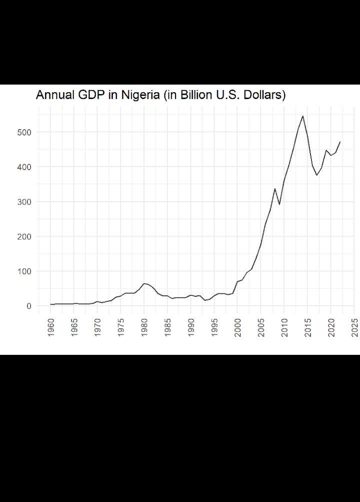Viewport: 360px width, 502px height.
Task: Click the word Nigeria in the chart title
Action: click(x=141, y=95)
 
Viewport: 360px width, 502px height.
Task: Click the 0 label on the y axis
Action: click(x=29, y=306)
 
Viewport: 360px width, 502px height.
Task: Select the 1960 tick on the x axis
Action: click(x=51, y=327)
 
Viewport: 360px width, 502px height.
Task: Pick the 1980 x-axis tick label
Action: click(x=144, y=327)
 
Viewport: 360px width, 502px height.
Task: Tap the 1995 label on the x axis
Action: click(x=214, y=327)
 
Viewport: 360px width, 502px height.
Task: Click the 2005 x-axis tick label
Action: click(x=261, y=327)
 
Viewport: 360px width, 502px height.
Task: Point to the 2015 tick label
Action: click(x=308, y=327)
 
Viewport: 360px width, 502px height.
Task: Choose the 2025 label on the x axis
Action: click(x=354, y=327)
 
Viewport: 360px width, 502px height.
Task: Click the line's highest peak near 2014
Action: click(x=303, y=116)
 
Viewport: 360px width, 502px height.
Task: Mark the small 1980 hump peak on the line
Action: click(x=144, y=284)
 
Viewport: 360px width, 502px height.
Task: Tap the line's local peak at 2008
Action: click(x=275, y=188)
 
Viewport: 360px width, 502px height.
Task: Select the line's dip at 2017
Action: click(x=317, y=175)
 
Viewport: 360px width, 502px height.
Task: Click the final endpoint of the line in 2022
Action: click(x=340, y=142)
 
